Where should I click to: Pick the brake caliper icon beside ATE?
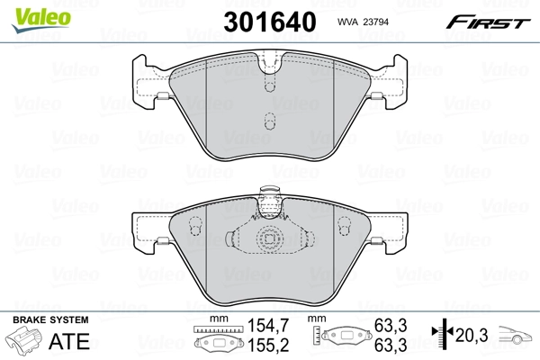click(x=27, y=342)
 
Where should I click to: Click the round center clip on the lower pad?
click(x=269, y=240)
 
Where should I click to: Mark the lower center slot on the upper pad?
click(x=269, y=121)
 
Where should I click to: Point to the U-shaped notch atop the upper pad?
click(x=269, y=64)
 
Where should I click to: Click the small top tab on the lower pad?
click(x=268, y=192)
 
